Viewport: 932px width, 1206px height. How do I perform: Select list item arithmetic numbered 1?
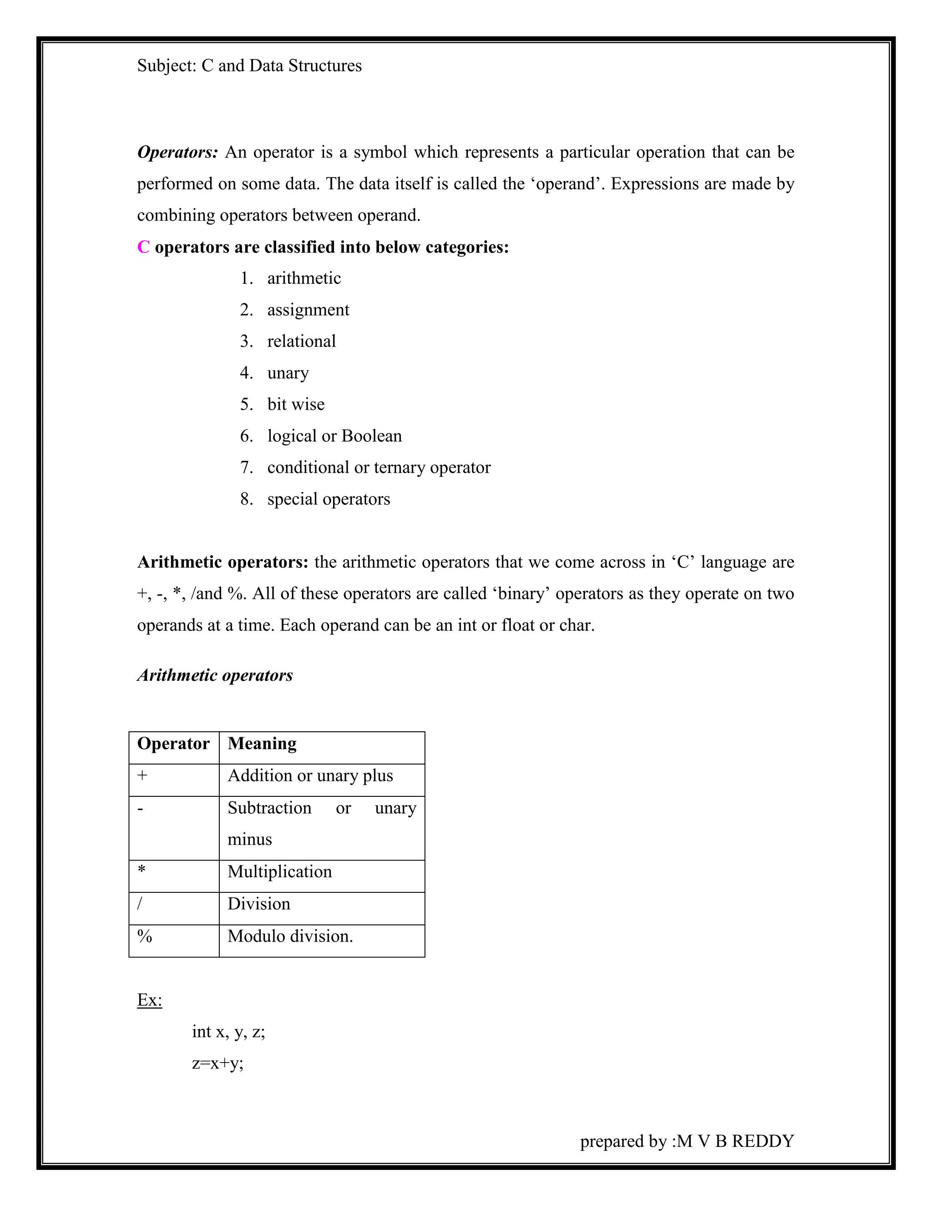304,279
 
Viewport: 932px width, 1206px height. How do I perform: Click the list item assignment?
308,310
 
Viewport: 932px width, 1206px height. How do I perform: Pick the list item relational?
301,341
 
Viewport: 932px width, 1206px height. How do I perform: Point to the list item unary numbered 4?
288,373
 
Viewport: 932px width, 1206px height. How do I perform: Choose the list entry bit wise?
296,404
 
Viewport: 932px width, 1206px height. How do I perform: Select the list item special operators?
329,499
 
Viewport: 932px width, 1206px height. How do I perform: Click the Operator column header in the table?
173,744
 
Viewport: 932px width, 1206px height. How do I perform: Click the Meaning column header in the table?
262,744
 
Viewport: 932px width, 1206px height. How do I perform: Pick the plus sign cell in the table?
142,776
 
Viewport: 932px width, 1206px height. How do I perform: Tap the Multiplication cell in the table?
280,872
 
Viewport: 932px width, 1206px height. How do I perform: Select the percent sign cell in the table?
145,937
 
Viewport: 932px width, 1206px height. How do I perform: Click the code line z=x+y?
218,1063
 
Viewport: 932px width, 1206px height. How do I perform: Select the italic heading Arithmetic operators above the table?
215,675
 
